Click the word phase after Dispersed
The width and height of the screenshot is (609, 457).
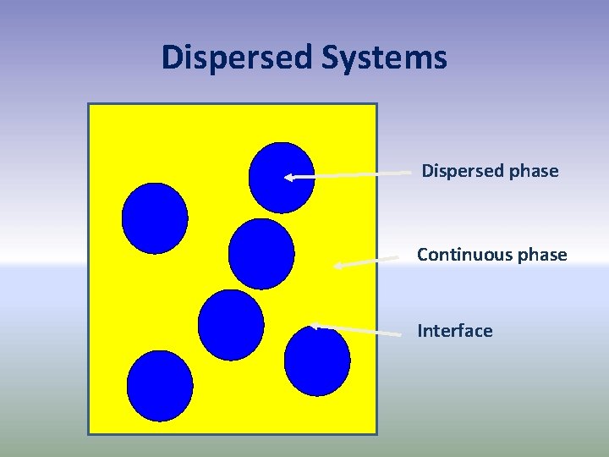(533, 171)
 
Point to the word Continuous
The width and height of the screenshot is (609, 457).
(464, 255)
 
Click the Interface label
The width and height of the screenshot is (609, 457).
(454, 331)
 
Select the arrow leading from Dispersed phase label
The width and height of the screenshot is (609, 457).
(347, 175)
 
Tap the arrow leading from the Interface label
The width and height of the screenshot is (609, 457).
(355, 330)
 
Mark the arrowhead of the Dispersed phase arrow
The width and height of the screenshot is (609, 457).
(288, 178)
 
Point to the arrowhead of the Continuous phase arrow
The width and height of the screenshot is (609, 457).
(337, 266)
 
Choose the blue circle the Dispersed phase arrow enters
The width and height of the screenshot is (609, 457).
(281, 176)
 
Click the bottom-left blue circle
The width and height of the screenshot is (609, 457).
(160, 386)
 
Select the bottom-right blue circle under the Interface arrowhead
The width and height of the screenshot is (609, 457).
(317, 361)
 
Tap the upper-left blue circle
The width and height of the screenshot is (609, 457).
(155, 218)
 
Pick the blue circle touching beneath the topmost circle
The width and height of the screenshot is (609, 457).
(261, 253)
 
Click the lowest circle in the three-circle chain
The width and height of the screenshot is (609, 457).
(230, 325)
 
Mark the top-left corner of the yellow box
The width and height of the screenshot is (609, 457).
(89, 104)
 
